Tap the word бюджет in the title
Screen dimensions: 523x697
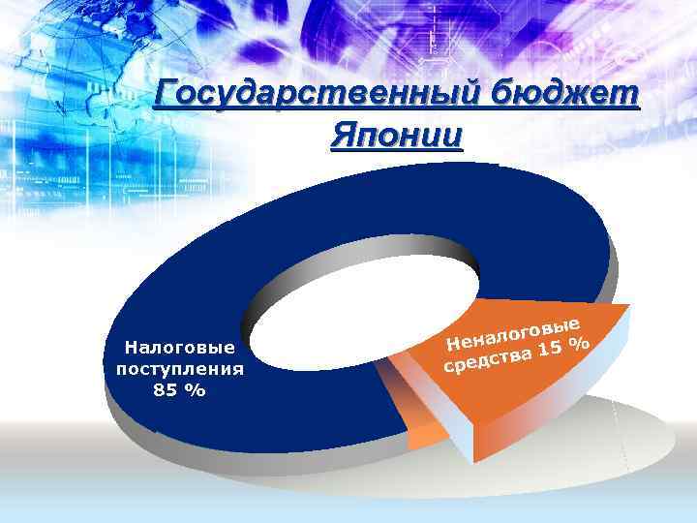tap(564, 96)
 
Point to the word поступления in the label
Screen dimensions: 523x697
tap(179, 369)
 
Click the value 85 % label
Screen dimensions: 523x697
tap(179, 390)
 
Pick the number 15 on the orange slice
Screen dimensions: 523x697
tap(552, 350)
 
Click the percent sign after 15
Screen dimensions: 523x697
tap(579, 343)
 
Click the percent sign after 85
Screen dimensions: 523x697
tap(197, 390)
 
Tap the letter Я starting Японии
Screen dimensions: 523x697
tap(341, 136)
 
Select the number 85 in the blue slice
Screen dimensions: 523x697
tap(167, 390)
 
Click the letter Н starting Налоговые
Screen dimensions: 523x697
tap(131, 347)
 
